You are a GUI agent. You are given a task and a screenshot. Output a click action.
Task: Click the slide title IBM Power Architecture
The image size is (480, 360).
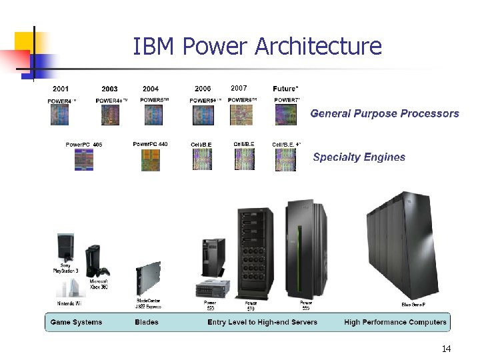coord(257,47)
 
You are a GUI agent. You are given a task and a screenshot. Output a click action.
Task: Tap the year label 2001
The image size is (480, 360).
coord(61,89)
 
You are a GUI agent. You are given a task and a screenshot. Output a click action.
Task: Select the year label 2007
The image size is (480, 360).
coord(239,88)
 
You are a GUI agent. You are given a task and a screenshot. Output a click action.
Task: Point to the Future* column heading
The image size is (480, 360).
coord(286,89)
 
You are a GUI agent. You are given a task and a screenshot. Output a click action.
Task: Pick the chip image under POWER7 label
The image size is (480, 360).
coord(286,115)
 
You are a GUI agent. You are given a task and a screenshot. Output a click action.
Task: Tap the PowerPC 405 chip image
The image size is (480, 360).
coord(84,160)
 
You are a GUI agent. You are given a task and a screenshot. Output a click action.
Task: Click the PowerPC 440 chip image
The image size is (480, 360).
coord(151,160)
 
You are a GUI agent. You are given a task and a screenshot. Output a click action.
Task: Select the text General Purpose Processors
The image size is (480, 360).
coord(385,113)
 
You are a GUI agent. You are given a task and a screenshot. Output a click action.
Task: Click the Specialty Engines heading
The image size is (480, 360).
coord(359,157)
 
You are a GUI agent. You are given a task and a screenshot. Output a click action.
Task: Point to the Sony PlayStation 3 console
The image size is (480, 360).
coord(66,248)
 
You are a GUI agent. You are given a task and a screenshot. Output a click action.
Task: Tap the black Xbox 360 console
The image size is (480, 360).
coord(95,262)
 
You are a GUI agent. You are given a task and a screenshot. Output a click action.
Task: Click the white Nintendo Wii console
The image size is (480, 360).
coord(71,287)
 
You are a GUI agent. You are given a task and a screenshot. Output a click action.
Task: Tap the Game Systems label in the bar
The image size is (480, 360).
coord(77,323)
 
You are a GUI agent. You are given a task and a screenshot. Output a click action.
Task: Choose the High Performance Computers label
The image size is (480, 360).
coord(395,323)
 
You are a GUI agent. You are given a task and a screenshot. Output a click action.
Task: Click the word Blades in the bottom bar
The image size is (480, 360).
coord(147,323)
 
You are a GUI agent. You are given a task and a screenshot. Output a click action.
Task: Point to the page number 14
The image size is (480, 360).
coord(446,349)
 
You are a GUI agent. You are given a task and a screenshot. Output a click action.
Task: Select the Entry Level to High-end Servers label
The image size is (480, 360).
coord(262,323)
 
